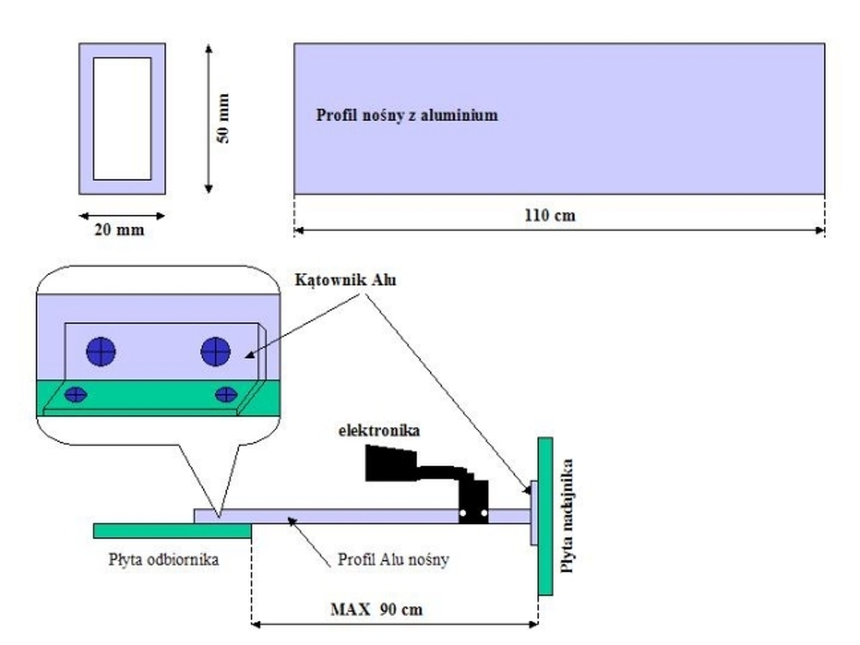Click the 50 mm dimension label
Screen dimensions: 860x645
coord(222,118)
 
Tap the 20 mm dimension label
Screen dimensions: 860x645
coord(120,230)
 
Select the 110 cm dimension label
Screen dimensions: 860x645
coord(550,216)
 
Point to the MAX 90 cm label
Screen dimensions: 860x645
coord(376,609)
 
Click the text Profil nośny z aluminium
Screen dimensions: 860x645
coord(407,115)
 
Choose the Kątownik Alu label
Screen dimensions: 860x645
coord(345,280)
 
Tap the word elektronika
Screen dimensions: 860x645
coord(379,431)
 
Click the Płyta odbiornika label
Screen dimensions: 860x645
coord(164,559)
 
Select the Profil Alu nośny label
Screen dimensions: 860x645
coord(393,560)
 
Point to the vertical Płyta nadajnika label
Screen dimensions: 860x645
coord(566,516)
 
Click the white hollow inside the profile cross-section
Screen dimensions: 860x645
coord(122,119)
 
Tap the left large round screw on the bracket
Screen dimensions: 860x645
coord(101,351)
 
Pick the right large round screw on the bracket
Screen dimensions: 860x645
coord(216,351)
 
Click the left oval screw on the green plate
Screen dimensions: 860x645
coord(76,395)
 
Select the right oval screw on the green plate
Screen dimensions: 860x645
coord(226,395)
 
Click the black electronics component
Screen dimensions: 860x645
coord(427,484)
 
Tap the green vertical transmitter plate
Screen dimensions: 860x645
coord(546,516)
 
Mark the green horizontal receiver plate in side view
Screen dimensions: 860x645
coord(173,531)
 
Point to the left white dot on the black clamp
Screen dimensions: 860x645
coord(463,513)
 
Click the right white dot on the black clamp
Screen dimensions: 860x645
coord(484,513)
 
